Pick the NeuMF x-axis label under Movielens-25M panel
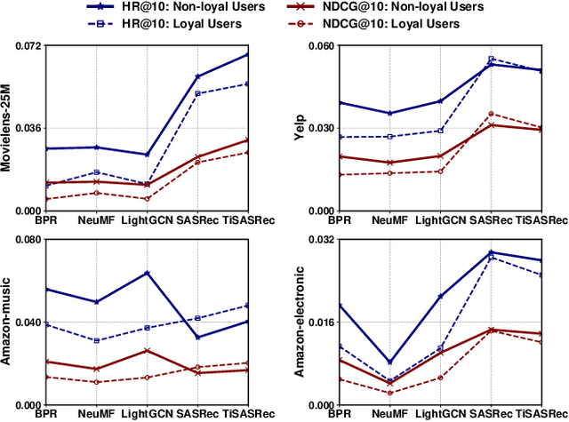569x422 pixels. [x=97, y=219]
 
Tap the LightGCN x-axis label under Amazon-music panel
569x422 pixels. [x=147, y=414]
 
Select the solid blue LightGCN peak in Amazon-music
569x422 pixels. [x=148, y=273]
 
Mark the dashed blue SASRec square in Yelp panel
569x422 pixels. [x=492, y=60]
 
